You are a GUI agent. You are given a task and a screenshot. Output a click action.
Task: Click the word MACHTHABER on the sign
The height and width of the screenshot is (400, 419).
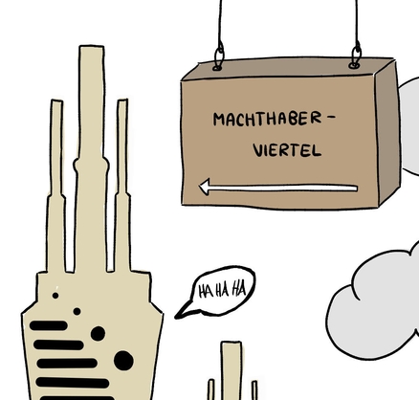click(x=268, y=119)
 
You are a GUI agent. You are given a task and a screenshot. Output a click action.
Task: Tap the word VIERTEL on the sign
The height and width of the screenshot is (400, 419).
click(x=287, y=150)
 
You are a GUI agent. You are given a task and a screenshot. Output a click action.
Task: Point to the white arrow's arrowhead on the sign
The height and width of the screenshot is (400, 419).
click(x=204, y=187)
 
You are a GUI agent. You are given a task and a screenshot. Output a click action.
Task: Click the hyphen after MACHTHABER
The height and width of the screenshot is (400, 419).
click(x=331, y=117)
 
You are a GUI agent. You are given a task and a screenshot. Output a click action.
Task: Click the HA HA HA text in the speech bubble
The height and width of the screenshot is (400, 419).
click(x=222, y=290)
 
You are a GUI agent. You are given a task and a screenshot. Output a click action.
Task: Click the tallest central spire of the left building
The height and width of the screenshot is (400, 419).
click(x=92, y=160)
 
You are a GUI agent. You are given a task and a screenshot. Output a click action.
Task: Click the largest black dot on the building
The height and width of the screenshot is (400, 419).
click(x=123, y=361)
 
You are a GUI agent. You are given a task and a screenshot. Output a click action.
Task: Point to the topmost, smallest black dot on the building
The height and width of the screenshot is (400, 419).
click(x=55, y=296)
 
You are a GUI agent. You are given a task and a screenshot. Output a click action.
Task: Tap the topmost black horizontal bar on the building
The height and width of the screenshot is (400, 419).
click(x=49, y=325)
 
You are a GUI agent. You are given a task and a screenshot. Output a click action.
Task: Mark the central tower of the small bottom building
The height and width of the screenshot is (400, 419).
click(x=232, y=370)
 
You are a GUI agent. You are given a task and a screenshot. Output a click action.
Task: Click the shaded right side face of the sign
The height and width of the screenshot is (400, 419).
click(x=387, y=134)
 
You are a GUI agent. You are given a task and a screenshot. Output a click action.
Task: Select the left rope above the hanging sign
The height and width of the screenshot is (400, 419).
click(x=220, y=22)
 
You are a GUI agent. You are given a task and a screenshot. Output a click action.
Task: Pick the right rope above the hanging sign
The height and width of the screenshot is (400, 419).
click(x=357, y=22)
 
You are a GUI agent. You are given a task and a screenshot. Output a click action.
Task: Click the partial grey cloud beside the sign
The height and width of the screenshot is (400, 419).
click(x=409, y=126)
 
